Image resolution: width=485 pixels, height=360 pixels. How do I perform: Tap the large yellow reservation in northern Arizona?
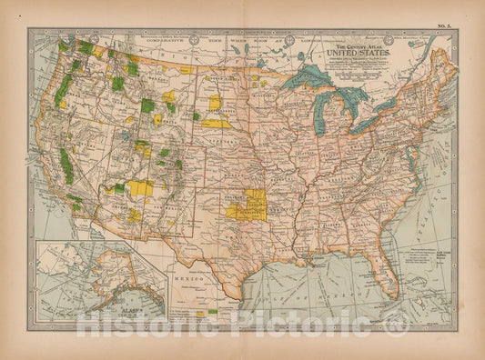[x=139, y=187]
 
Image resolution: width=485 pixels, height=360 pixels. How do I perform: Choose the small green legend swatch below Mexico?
[x=213, y=311]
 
